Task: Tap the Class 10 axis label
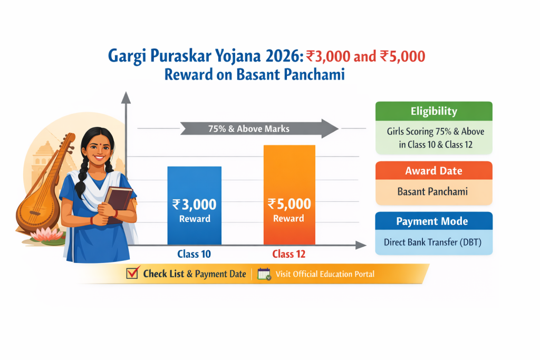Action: coord(194,254)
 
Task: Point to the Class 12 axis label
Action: coord(289,254)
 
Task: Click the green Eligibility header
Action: coord(433,111)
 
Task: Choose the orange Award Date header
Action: coord(433,171)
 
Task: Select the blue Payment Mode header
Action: coord(433,221)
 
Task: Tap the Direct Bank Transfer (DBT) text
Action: coord(433,243)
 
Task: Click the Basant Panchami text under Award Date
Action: coord(433,192)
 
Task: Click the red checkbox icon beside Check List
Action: coord(132,274)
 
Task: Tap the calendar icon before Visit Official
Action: coord(264,274)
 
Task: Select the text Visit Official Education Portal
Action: coord(325,274)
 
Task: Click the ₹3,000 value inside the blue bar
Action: coord(194,205)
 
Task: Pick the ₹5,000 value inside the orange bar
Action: coord(289,203)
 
